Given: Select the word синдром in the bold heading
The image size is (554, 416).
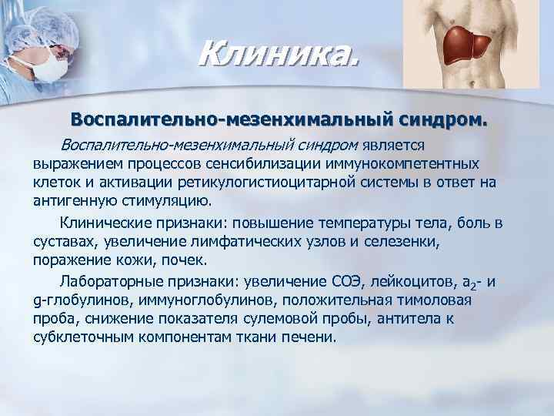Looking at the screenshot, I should (x=445, y=120).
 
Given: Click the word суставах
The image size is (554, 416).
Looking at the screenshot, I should (x=65, y=243).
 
